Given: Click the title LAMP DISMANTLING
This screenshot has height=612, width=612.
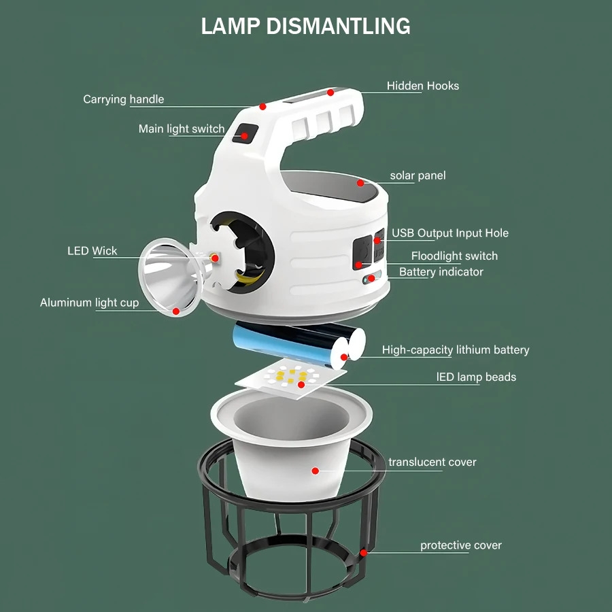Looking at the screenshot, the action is click(305, 27).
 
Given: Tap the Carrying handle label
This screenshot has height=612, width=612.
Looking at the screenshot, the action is click(123, 99).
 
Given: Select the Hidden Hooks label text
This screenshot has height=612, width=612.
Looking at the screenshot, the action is click(423, 86).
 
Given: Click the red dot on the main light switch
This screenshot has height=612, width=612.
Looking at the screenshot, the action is click(244, 136).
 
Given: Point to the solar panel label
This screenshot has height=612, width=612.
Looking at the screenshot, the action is click(418, 175).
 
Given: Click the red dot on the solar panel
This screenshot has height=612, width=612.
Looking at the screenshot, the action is click(360, 183).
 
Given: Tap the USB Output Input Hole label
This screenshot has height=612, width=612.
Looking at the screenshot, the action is click(450, 233).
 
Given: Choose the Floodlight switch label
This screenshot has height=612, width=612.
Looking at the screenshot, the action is click(454, 256).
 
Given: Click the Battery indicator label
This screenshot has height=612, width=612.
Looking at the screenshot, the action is click(441, 271).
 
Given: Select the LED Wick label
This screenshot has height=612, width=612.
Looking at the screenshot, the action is click(92, 250).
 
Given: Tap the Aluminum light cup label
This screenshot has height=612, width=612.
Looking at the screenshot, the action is click(89, 303).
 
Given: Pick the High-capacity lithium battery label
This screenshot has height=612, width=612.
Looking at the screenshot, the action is click(456, 350).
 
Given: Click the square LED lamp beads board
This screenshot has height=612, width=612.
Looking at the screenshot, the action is click(291, 378).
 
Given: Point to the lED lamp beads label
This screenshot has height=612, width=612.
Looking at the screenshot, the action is click(476, 377).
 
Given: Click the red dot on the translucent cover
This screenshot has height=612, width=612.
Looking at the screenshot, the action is click(316, 471).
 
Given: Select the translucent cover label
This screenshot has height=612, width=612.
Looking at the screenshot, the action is click(432, 462).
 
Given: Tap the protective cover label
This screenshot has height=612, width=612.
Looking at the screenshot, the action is click(461, 545).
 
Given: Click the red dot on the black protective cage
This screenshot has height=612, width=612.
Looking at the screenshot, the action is click(363, 553).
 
